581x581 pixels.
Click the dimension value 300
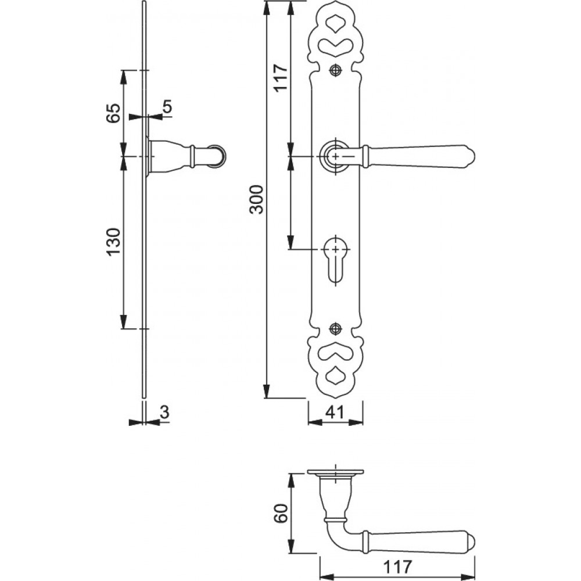(256, 200)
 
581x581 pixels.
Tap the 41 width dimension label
(335, 412)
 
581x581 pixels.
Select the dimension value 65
(113, 113)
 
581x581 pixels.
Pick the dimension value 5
(167, 107)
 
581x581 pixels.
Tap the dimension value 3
(165, 412)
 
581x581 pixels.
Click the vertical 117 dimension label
(280, 77)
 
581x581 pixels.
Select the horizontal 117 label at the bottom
(397, 566)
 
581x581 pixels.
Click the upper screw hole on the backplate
(336, 70)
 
